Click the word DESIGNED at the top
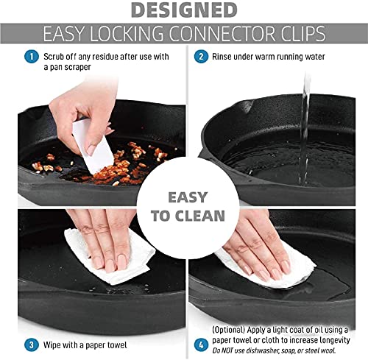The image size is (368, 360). [x=183, y=10]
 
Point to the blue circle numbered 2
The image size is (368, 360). [x=200, y=56]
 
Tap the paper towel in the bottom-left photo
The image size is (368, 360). [x=103, y=258]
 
